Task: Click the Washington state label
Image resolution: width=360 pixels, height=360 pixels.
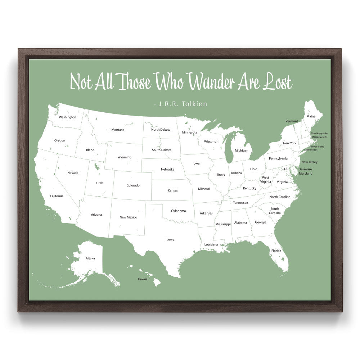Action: tap(67, 117)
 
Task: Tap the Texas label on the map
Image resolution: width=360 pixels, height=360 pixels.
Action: tap(170, 240)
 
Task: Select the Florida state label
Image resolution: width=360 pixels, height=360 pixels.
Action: tap(276, 251)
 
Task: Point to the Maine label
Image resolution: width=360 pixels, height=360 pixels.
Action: tap(311, 116)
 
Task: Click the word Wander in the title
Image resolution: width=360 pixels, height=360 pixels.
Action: tap(211, 82)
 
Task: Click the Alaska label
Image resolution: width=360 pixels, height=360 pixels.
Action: tap(90, 258)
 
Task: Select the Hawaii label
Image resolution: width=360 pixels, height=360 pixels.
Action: tap(143, 279)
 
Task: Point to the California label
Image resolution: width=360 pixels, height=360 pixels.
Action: tap(57, 196)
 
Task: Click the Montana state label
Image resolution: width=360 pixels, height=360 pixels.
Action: tap(118, 130)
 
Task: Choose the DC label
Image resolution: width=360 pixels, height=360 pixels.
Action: tap(286, 168)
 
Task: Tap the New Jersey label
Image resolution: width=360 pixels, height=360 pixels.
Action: tap(309, 162)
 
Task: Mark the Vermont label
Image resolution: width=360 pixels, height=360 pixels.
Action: tap(292, 121)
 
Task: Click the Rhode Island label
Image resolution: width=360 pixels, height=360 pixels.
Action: tap(317, 147)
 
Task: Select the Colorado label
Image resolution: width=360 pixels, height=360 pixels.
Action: tap(133, 185)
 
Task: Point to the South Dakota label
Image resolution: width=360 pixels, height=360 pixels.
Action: tap(162, 150)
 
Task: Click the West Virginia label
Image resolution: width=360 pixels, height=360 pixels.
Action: tap(265, 180)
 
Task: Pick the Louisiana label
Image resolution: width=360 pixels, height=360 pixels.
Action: tap(211, 244)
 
